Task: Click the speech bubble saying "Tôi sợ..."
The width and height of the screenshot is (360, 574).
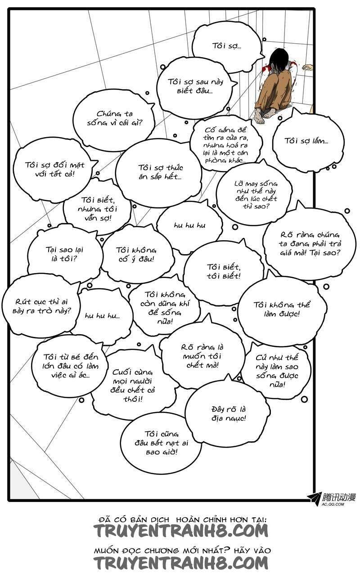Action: tap(227, 45)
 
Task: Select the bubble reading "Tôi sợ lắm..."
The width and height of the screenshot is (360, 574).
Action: tap(306, 141)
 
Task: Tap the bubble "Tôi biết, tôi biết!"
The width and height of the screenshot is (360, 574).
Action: tap(223, 272)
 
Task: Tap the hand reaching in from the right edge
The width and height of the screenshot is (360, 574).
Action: tap(308, 67)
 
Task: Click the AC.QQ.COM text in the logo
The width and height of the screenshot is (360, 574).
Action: tap(333, 504)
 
